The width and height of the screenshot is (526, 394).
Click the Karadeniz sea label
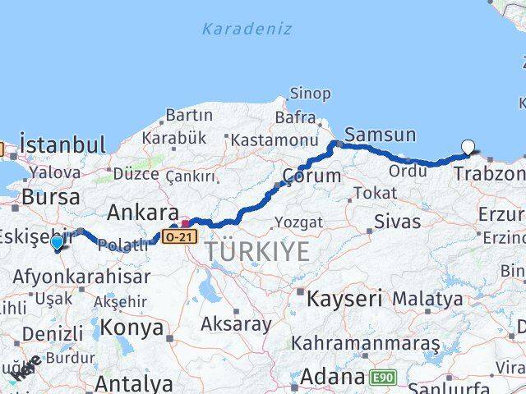point(247,30)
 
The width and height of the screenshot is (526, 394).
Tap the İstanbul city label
point(63,145)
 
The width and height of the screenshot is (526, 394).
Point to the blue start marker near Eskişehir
point(57,243)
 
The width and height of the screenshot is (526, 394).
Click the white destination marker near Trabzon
point(468,148)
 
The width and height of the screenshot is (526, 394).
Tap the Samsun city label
point(381,135)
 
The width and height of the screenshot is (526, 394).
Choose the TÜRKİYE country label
point(257,251)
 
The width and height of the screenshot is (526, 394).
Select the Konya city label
point(132,328)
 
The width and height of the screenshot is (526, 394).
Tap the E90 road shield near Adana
point(381,378)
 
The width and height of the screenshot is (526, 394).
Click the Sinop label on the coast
point(311,94)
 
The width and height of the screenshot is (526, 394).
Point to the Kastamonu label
point(274,140)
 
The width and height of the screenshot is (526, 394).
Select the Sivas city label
point(397,221)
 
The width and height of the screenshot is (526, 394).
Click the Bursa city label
point(51,197)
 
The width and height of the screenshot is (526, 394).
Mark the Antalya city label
point(133,383)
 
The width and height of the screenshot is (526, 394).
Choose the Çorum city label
point(311,176)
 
